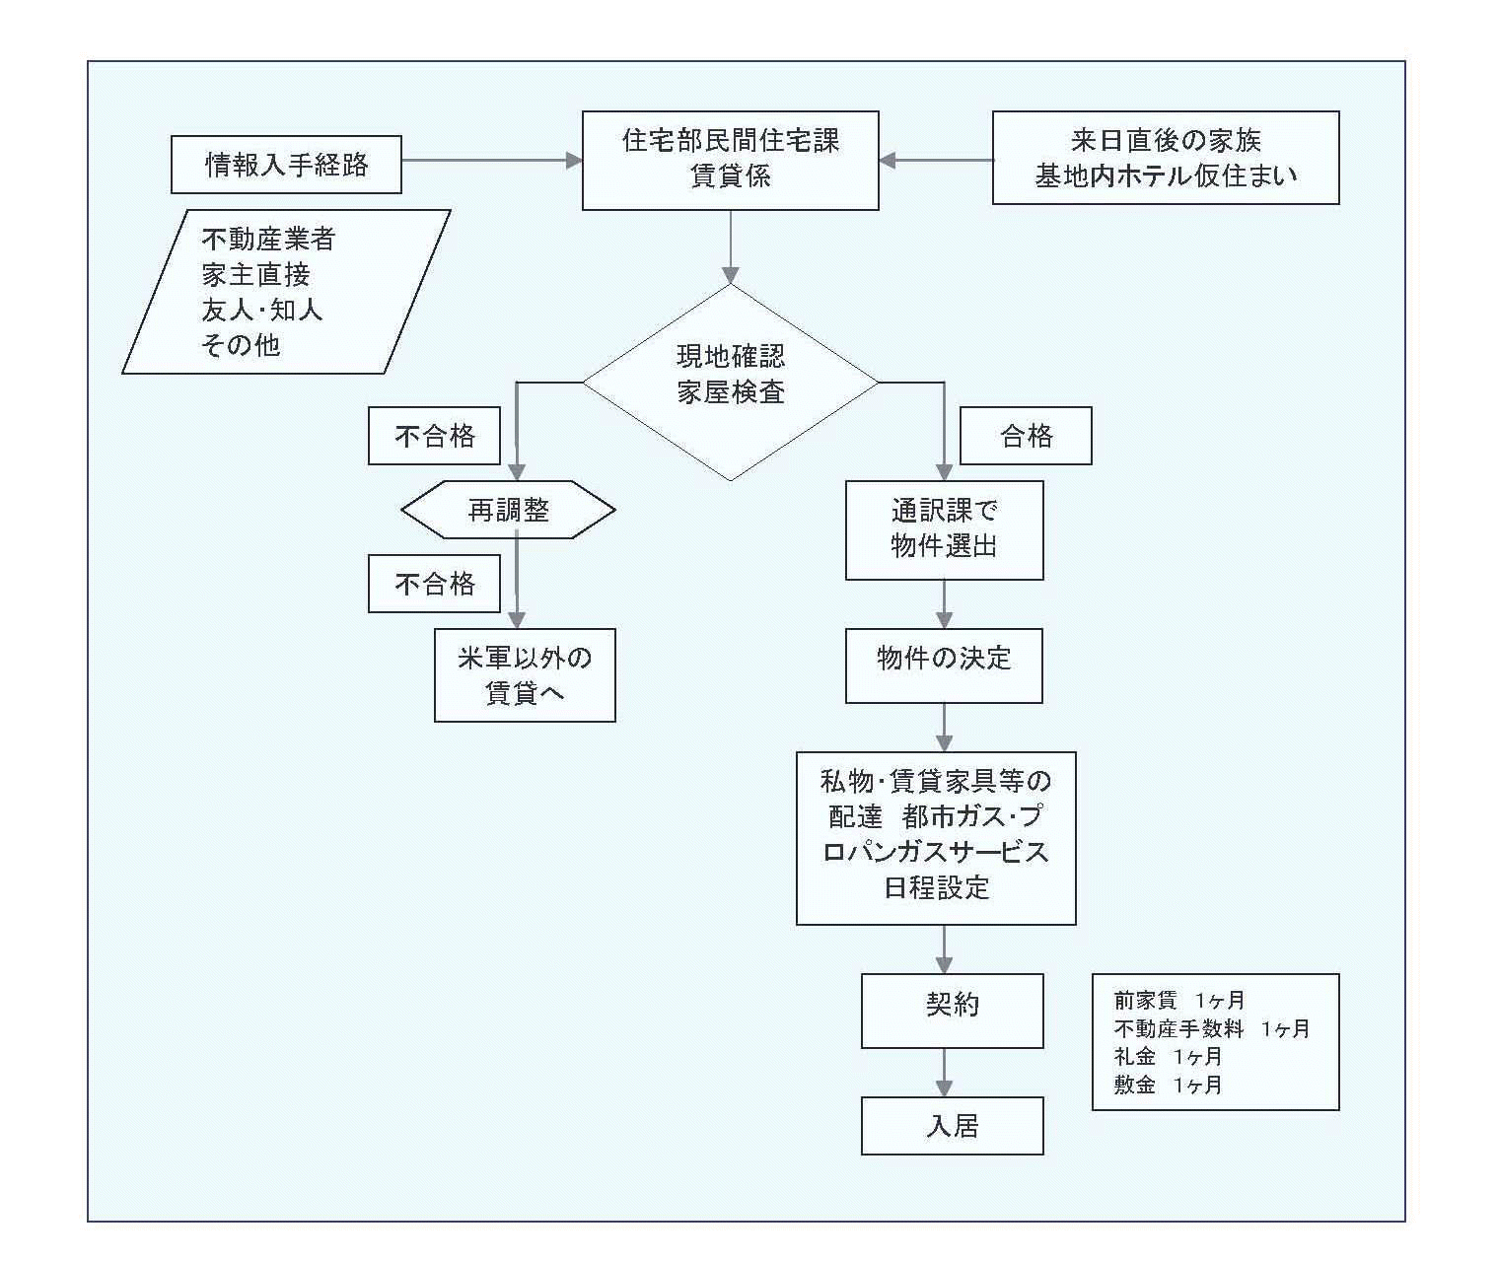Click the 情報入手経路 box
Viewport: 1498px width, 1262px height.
[x=286, y=165]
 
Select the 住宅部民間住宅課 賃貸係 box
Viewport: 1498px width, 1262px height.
[x=731, y=160]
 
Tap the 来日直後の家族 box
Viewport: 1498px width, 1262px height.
[x=1166, y=157]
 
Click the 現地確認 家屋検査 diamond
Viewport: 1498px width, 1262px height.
[x=731, y=382]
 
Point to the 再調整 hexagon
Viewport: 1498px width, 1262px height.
[x=508, y=510]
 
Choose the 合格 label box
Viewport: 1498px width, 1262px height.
[x=1026, y=436]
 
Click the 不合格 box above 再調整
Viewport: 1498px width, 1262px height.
[x=434, y=436]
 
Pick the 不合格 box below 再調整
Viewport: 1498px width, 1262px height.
[x=434, y=584]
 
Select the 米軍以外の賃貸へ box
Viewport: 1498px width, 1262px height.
[x=525, y=675]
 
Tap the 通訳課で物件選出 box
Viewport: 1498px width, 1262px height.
[x=944, y=529]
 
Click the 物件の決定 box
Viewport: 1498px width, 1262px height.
[x=944, y=666]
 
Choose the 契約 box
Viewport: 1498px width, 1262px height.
[x=952, y=1011]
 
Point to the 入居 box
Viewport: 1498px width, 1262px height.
[x=952, y=1126]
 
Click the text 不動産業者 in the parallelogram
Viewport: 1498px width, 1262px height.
[x=268, y=239]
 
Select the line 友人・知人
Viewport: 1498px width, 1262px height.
[x=262, y=310]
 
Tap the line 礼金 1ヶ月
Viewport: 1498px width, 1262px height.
[x=1168, y=1057]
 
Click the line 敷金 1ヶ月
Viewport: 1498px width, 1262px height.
[x=1168, y=1085]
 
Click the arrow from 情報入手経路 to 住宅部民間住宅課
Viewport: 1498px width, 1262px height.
[x=491, y=161]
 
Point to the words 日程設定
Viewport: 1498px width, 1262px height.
[x=936, y=888]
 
